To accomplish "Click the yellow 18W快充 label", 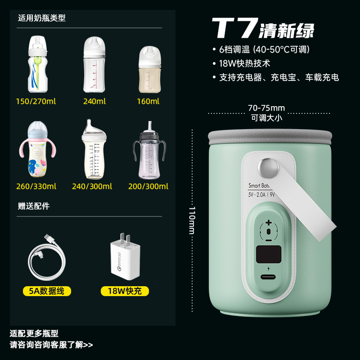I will click(x=125, y=291).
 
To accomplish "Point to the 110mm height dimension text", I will click(x=192, y=220).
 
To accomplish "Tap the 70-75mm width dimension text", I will click(x=266, y=108).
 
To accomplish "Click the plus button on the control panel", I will click(x=269, y=222).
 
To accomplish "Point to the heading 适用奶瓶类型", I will click(x=42, y=18).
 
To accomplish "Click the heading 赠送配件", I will click(x=34, y=206).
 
